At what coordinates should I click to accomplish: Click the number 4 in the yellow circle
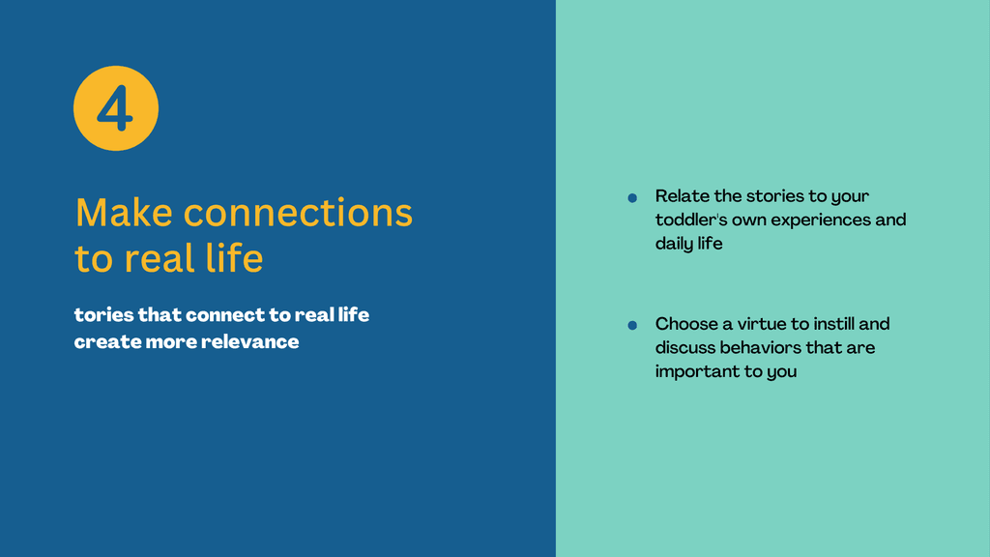point(116,108)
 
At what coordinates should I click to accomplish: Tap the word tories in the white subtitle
point(103,314)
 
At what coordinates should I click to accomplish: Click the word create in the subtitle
point(107,341)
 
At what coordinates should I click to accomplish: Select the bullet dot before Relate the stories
point(632,198)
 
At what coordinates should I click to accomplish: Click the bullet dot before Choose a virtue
point(632,325)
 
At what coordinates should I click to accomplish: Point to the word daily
point(674,244)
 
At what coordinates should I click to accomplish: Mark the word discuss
point(685,347)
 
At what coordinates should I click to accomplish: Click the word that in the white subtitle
point(160,314)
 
